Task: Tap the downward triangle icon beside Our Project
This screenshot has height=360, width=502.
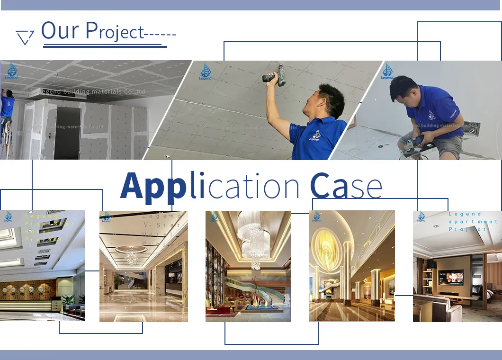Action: (x=25, y=37)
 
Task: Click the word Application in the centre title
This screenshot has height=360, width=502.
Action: (x=210, y=186)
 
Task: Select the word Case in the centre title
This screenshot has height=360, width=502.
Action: (x=346, y=186)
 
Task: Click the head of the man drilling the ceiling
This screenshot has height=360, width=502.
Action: (x=331, y=100)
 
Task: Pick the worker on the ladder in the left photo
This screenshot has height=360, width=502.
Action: (x=7, y=109)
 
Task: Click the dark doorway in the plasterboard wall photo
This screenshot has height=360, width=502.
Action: (x=67, y=132)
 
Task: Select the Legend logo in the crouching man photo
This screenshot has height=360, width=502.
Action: (x=388, y=72)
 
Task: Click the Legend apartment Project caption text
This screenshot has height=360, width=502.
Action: (x=473, y=222)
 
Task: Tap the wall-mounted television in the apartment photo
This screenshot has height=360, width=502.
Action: (x=451, y=277)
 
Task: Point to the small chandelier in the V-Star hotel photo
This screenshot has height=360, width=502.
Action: (x=131, y=256)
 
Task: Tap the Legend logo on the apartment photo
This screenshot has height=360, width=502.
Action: (x=421, y=217)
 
